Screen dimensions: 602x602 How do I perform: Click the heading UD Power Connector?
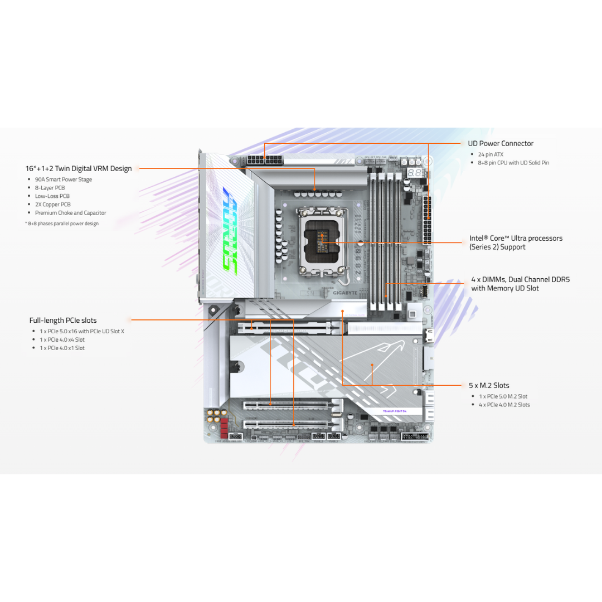click(500, 143)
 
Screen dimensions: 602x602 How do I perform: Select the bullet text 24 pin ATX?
click(491, 154)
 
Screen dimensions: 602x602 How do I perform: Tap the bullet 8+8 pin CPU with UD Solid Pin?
click(513, 163)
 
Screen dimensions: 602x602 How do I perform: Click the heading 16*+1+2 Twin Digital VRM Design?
click(79, 168)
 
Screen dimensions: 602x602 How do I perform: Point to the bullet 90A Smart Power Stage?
click(64, 179)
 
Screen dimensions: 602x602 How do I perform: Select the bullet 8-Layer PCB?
click(50, 188)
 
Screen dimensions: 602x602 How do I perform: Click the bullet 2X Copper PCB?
click(53, 205)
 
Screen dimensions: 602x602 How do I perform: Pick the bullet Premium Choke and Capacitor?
click(70, 213)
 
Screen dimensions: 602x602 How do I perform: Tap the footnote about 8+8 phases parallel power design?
click(62, 224)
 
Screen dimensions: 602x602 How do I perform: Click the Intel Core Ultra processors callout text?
click(516, 242)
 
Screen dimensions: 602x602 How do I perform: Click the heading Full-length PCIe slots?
click(63, 321)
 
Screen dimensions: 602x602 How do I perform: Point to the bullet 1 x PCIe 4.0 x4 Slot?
click(62, 339)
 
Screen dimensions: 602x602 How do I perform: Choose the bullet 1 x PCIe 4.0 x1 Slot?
click(62, 348)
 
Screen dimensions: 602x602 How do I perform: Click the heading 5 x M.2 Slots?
click(488, 385)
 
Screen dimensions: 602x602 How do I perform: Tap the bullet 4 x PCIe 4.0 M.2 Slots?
click(504, 405)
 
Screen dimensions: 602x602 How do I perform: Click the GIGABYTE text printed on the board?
click(344, 293)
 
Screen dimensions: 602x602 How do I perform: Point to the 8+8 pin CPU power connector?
click(264, 161)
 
